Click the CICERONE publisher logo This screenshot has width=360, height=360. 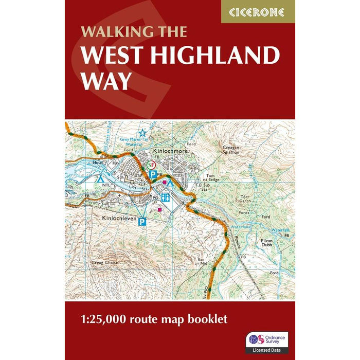pos(258,11)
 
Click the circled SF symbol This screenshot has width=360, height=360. pos(151,165)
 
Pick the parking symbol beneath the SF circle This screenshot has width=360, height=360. pos(153,175)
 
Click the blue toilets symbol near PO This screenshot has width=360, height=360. pos(166,197)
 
